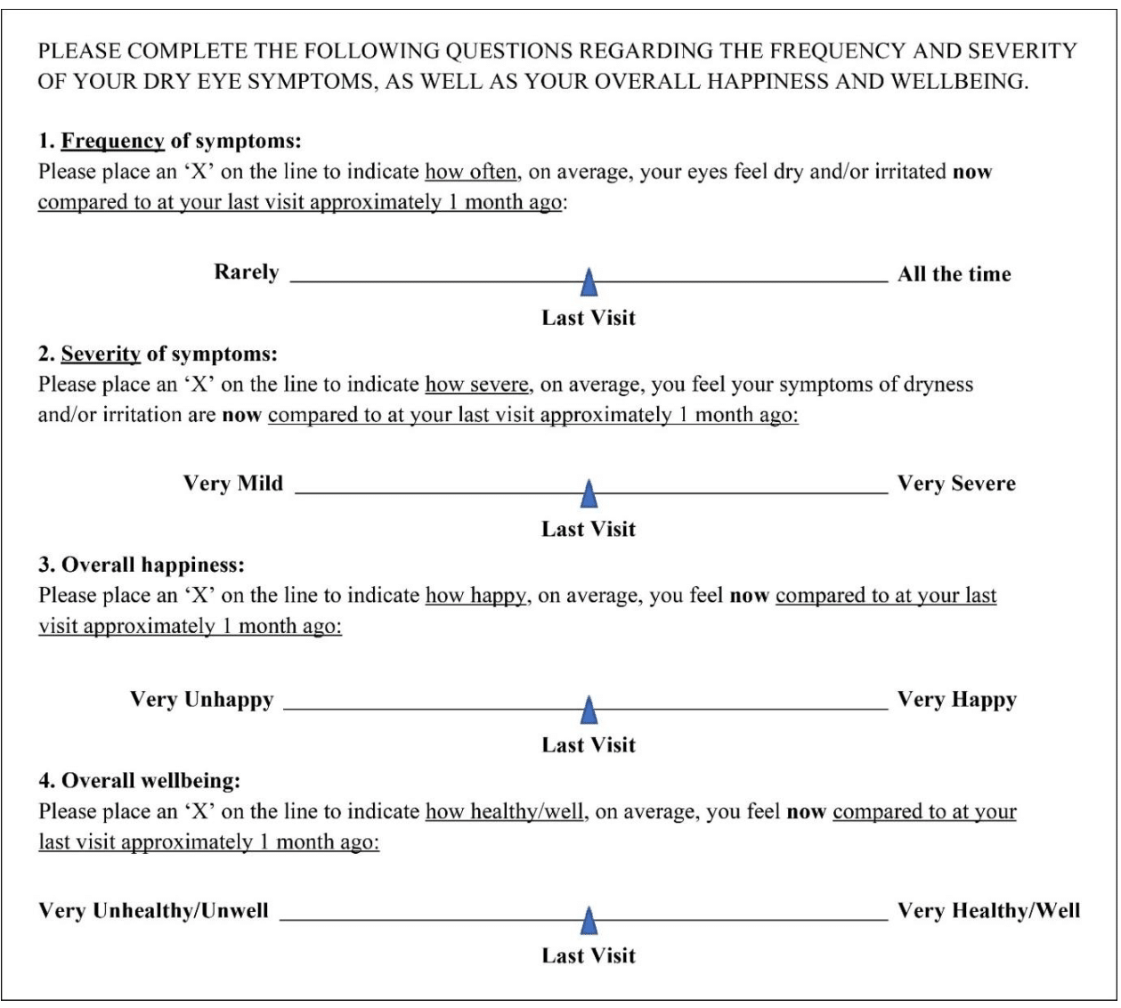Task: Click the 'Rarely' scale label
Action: point(247,272)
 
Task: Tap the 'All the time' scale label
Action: point(954,274)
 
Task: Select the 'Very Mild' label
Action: point(233,484)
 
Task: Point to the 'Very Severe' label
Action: point(956,484)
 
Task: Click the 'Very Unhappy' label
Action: point(201,700)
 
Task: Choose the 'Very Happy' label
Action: point(956,700)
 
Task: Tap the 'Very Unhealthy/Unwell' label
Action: point(153,911)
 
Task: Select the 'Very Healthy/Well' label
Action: point(988,911)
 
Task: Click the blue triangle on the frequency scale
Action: point(588,283)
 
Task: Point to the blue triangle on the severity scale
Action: point(588,494)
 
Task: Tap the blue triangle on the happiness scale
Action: point(588,711)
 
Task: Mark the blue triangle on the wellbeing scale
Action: point(588,922)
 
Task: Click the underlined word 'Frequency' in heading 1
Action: point(113,142)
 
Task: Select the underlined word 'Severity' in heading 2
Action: point(101,354)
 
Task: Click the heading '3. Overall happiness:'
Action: point(142,565)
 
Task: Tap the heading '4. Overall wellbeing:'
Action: point(140,781)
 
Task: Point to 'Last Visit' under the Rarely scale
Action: point(589,318)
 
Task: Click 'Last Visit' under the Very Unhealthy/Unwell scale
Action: point(589,955)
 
